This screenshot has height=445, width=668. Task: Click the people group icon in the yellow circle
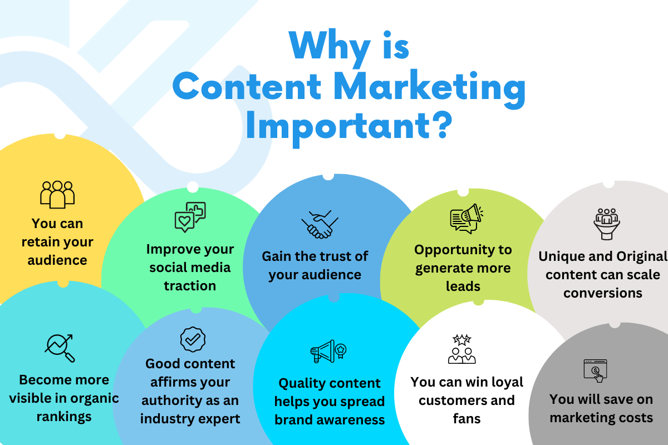click(x=57, y=194)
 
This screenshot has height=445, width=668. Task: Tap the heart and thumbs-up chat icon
click(x=190, y=217)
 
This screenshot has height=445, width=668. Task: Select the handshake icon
click(x=320, y=224)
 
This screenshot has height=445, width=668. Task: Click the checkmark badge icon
click(x=193, y=339)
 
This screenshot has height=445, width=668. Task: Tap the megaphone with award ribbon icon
click(x=329, y=351)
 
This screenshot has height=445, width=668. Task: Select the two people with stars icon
click(x=462, y=349)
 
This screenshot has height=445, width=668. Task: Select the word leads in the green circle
click(x=462, y=285)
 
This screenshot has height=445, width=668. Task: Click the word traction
click(x=190, y=285)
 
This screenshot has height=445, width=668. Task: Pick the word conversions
click(x=603, y=293)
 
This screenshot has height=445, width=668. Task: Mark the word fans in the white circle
click(x=466, y=418)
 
